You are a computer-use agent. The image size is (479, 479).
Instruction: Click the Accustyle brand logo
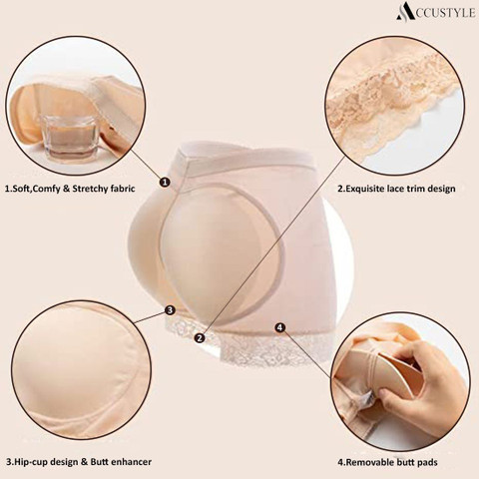tap(435, 12)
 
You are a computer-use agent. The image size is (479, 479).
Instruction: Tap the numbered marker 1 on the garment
tap(165, 182)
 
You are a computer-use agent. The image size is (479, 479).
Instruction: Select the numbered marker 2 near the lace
tap(200, 338)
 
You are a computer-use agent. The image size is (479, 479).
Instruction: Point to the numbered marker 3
tap(170, 310)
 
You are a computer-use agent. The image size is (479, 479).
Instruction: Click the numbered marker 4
tap(280, 327)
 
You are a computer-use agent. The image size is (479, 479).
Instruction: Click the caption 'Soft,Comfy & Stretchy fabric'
tap(73, 189)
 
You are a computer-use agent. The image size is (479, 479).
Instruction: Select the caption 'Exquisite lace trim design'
tap(400, 189)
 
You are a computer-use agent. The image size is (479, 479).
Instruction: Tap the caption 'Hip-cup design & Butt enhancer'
tap(83, 462)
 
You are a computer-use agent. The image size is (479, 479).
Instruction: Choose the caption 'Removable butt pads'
tap(391, 462)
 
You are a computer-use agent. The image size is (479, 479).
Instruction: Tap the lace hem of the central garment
tap(252, 346)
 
